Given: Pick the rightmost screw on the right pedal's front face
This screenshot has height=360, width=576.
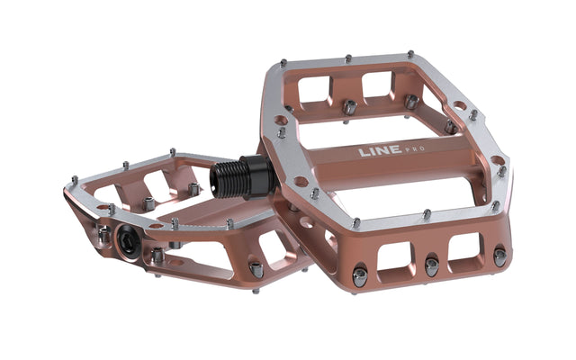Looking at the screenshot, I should coord(499,257).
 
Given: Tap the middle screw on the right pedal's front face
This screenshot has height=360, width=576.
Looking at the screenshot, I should coord(431,267).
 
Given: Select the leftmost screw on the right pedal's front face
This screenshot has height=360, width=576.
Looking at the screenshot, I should coord(359,277).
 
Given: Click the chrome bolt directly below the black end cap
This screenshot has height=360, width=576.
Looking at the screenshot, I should coord(157,257).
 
